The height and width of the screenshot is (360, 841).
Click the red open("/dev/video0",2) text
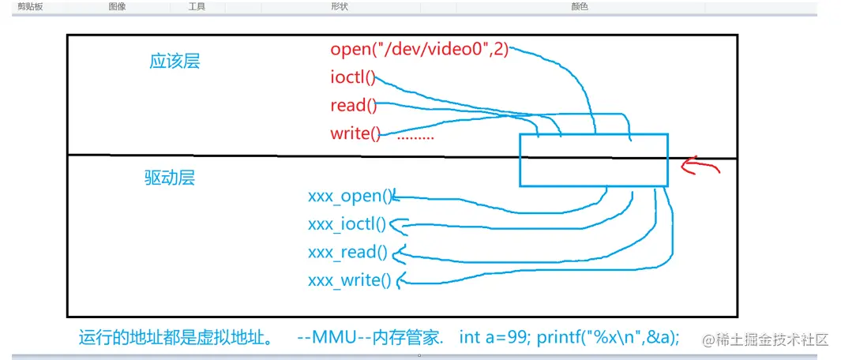(x=419, y=50)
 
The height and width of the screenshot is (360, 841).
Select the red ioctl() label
(x=353, y=77)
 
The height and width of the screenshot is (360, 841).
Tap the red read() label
(x=353, y=105)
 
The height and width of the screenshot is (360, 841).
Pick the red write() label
(x=355, y=133)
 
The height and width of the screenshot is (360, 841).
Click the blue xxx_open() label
(x=350, y=197)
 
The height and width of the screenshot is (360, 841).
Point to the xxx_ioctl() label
(x=347, y=224)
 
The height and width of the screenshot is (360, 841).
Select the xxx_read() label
(x=347, y=252)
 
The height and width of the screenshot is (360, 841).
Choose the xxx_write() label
(x=349, y=279)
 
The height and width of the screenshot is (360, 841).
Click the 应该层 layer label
(x=175, y=62)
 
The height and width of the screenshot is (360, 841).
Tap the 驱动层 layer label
(x=169, y=178)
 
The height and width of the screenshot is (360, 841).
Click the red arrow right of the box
(x=700, y=166)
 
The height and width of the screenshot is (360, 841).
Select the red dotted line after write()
(x=415, y=137)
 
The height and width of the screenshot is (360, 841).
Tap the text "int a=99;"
(x=495, y=338)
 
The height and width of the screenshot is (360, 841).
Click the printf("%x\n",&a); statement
(x=607, y=338)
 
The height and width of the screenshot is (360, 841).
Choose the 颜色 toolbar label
(x=580, y=6)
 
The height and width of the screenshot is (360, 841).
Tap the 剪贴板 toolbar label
(x=30, y=6)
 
